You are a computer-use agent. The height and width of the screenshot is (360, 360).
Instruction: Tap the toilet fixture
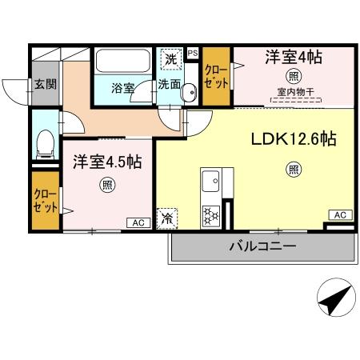46,144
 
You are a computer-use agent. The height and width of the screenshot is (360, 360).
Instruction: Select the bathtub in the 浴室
122,63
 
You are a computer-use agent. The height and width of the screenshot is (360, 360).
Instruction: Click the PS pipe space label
192,54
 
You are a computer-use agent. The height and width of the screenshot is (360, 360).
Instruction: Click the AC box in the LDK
340,214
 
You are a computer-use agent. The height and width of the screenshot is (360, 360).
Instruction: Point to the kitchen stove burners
210,214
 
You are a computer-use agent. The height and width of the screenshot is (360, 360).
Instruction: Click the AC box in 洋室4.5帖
137,222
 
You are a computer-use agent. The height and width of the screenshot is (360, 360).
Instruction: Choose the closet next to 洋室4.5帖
45,200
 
